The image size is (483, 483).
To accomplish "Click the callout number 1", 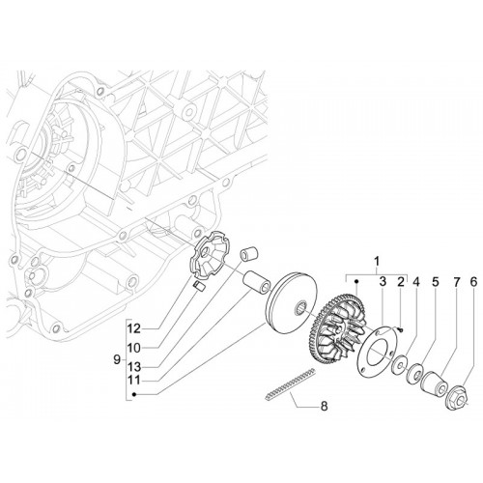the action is (377, 261).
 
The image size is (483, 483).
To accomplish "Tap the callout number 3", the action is (383, 282).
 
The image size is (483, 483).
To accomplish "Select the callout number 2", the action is (400, 282).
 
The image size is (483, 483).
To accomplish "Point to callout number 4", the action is (416, 282).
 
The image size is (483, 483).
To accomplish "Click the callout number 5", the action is (436, 282).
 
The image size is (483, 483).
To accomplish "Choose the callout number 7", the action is (456, 282).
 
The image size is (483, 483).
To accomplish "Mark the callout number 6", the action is (472, 282).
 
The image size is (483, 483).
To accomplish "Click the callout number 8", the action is (324, 406).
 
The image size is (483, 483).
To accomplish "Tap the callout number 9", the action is (117, 359).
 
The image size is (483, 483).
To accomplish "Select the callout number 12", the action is (133, 328).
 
